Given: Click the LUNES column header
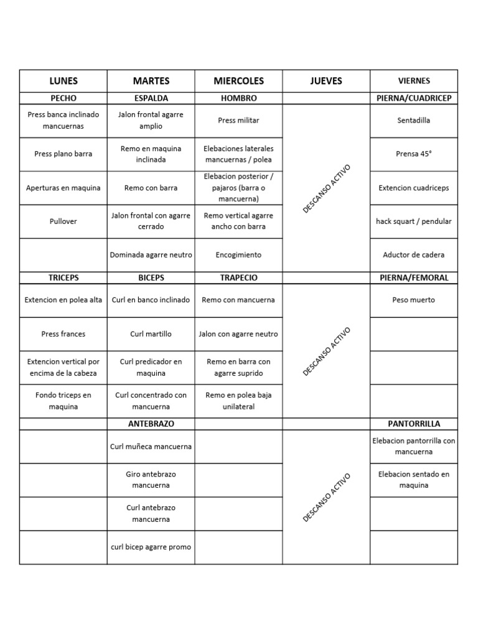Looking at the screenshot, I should coord(63,81).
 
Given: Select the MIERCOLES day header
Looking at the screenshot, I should coord(238,81).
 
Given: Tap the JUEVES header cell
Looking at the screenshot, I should coord(326,81).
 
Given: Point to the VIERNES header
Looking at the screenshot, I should coord(414,81).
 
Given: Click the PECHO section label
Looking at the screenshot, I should coord(63,98).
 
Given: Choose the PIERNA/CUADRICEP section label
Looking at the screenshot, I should coord(414,98).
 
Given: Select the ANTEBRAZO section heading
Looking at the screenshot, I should coord(151,424).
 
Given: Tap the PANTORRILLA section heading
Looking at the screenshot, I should coord(414,424).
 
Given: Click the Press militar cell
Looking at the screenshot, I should coord(238,120).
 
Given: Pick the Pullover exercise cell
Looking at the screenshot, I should coord(63,221).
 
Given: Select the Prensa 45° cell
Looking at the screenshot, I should coord(414,154).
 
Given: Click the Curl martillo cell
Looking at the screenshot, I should coord(151,334).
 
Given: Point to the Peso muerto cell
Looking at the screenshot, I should coord(414,300).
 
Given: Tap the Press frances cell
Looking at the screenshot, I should coord(63,334).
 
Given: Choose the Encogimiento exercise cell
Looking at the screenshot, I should coord(238,255).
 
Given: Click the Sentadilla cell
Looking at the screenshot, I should coord(414,120).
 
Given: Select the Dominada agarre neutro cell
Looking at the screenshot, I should coord(151,255).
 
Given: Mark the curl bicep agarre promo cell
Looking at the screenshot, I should coord(151,547).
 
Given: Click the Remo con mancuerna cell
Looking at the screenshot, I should coord(238,300).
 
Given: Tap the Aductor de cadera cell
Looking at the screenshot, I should coord(414,255).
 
